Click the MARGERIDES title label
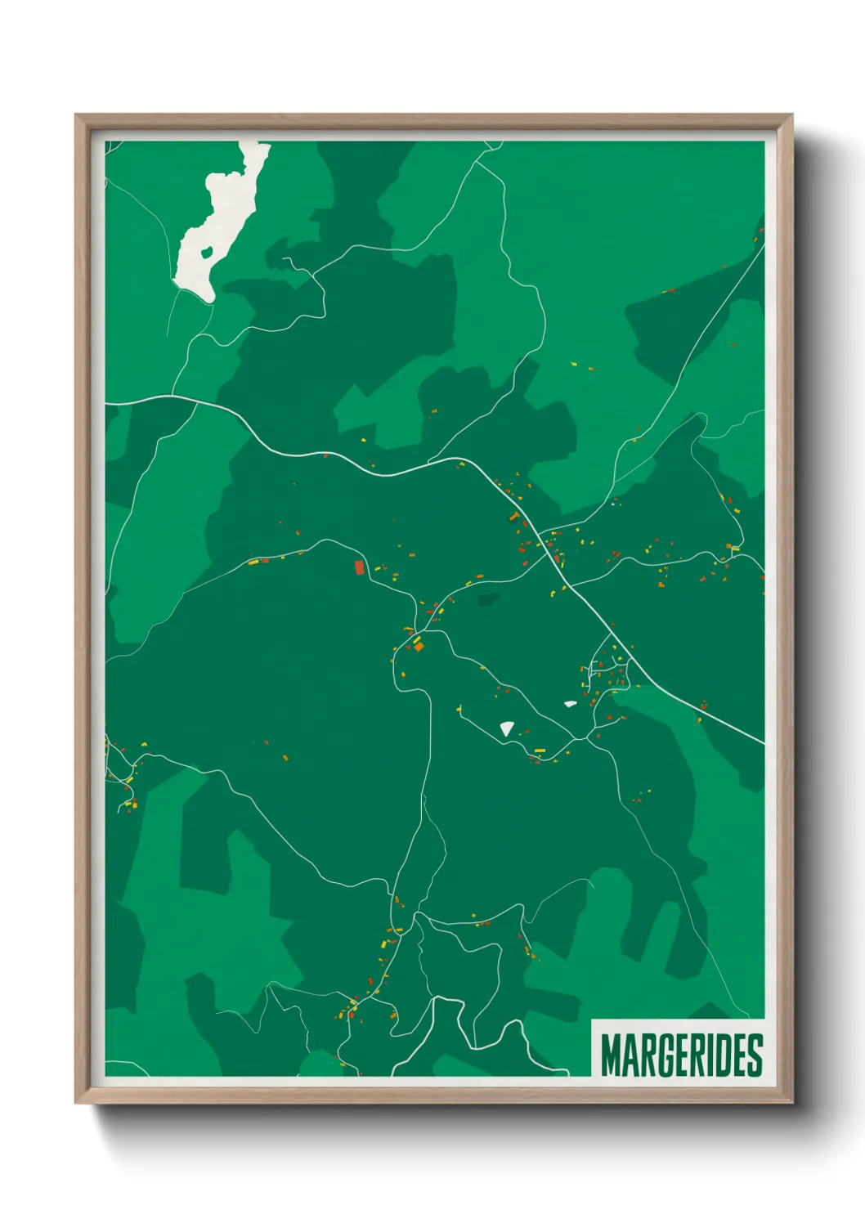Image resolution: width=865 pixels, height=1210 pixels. coord(681,1055)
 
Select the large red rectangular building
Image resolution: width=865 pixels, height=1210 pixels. coord(359,567)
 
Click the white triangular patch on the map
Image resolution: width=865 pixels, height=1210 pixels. coord(508,728)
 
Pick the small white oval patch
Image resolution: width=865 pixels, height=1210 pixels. coord(570,703)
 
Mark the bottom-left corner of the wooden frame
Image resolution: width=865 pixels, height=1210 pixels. coord(77,1102)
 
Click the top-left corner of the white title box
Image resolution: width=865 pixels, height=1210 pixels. coord(592,1020)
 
